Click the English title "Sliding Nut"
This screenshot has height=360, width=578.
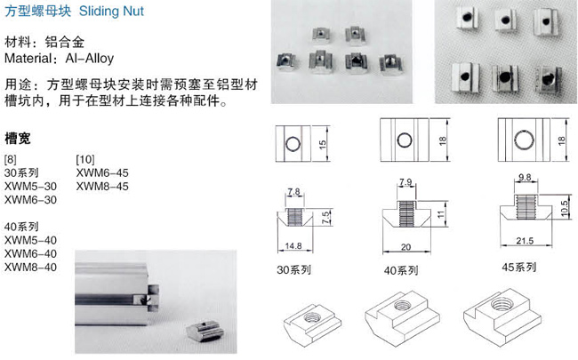[111, 12]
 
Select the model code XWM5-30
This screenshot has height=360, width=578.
[30, 186]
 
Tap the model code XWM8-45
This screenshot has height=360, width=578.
[102, 186]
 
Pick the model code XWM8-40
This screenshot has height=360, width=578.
[30, 268]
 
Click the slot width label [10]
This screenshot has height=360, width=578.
[85, 159]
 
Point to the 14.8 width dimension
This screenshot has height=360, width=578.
[293, 245]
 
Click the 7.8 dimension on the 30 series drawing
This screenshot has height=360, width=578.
[293, 192]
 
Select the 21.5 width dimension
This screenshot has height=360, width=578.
[525, 241]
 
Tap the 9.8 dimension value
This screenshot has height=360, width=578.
[525, 178]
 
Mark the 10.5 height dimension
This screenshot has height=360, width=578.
[564, 209]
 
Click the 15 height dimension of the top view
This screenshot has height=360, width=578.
[323, 144]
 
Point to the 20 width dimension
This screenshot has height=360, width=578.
[405, 247]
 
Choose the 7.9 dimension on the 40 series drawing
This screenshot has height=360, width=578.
[405, 182]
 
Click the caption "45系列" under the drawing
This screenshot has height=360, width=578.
[519, 268]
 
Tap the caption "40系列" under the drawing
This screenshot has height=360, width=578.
[401, 271]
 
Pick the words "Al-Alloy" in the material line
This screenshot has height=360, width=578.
[90, 58]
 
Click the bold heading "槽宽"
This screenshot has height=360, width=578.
[18, 139]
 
